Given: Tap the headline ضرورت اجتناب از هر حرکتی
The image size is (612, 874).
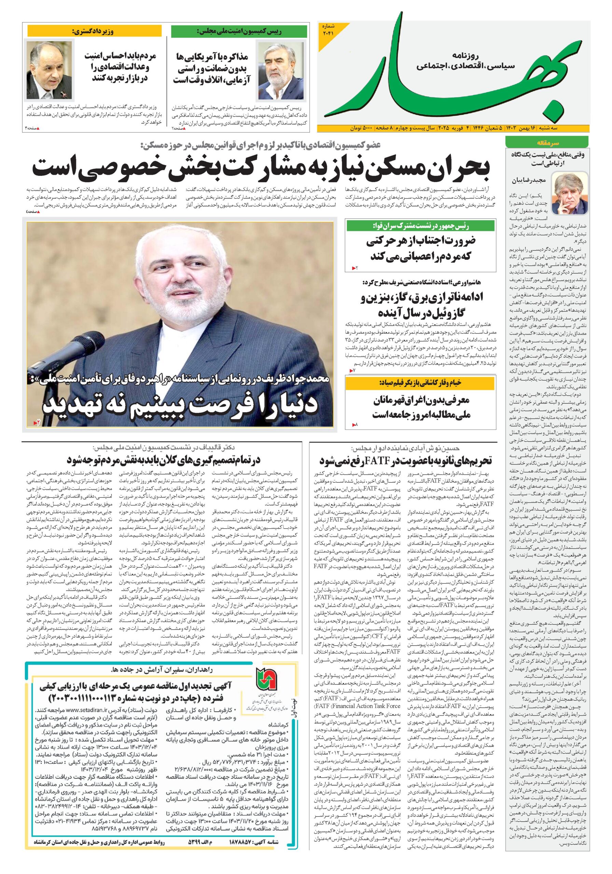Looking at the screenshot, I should point(420,248).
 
